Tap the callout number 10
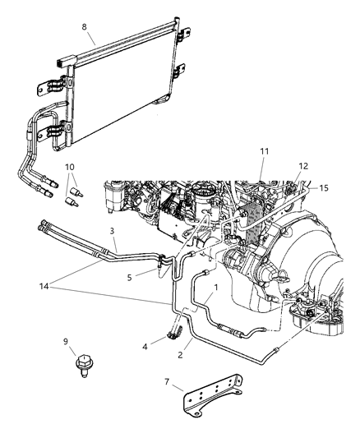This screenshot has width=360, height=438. pos(68,167)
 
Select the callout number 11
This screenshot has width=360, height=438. pos(265,152)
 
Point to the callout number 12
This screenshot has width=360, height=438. pos(304,167)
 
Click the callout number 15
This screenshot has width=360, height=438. pos(323,188)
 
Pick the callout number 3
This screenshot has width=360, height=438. pos(113,232)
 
